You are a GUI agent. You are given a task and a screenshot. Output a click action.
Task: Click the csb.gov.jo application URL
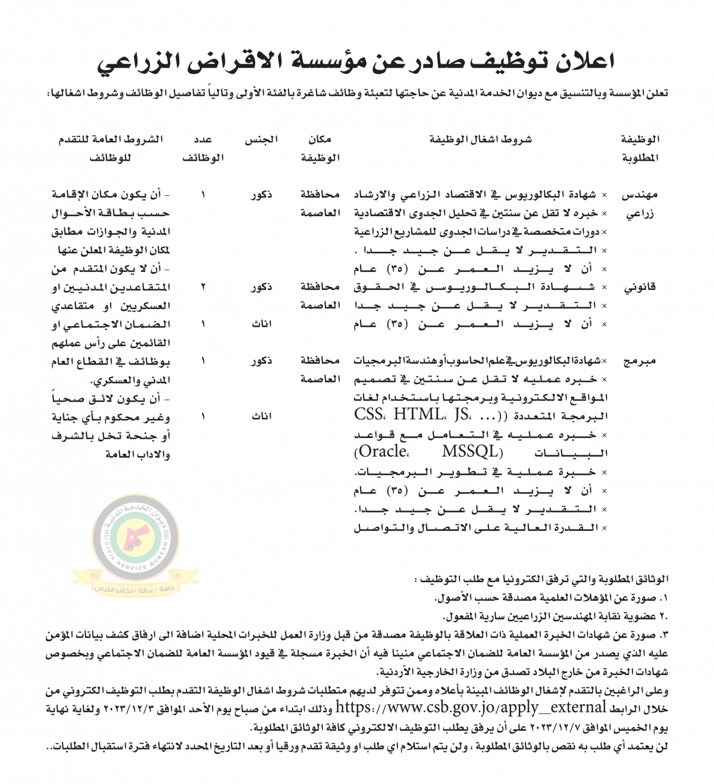[470, 708]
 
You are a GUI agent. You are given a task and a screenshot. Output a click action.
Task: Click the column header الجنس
[261, 140]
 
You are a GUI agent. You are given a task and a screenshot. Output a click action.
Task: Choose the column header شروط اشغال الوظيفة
[480, 140]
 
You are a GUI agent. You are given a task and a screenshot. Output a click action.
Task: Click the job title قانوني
[640, 288]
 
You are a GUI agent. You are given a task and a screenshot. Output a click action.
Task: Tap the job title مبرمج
[640, 361]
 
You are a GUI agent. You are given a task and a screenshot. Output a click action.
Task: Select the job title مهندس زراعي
[640, 204]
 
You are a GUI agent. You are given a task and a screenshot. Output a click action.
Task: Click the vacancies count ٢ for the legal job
[203, 288]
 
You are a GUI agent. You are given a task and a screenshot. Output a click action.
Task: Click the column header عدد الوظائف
[203, 149]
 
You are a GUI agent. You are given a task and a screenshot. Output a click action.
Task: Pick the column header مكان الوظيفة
[320, 149]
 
